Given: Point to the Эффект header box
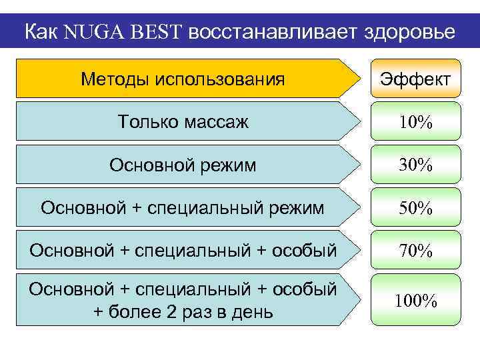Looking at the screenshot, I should (415, 79).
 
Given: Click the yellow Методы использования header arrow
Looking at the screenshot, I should (183, 79).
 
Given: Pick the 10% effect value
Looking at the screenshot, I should (415, 123).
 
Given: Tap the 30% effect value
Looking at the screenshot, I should (415, 165).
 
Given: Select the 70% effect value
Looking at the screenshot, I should (415, 251).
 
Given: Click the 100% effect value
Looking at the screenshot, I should (415, 301).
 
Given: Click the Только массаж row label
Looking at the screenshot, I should (183, 122).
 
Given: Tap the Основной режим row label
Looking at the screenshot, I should (183, 165).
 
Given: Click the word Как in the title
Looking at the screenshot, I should (42, 32).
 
